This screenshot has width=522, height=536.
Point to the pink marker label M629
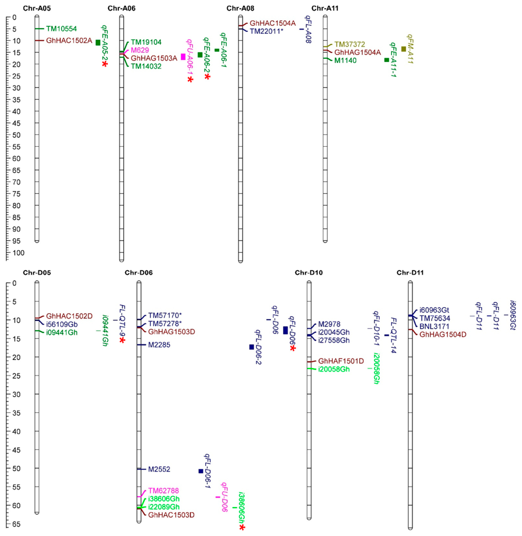(140, 50)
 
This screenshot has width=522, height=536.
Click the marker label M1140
(345, 61)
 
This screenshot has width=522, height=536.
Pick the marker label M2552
(159, 469)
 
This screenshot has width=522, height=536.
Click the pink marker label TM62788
(163, 491)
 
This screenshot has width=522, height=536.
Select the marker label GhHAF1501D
(341, 361)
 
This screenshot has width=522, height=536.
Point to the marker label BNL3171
(434, 326)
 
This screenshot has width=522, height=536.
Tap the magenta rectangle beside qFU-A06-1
(183, 57)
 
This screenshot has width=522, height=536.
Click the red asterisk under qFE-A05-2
(105, 64)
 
